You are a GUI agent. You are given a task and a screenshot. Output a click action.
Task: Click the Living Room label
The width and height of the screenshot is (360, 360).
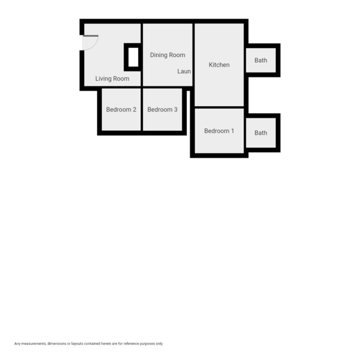(x=112, y=79)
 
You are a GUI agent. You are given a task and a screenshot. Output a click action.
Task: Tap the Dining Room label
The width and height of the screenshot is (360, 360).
(x=167, y=55)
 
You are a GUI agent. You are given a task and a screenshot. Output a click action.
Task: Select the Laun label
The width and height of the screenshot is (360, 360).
(x=184, y=71)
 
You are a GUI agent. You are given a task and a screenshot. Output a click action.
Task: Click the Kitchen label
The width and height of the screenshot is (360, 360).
(x=219, y=65)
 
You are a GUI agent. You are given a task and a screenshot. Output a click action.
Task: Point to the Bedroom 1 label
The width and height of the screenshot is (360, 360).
(x=219, y=131)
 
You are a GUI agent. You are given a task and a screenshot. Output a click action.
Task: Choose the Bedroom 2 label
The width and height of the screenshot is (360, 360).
(x=121, y=110)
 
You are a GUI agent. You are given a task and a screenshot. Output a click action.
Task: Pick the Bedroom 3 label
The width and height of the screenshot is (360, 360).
(x=163, y=110)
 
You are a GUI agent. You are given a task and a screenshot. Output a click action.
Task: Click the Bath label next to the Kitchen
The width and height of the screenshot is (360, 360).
(x=261, y=60)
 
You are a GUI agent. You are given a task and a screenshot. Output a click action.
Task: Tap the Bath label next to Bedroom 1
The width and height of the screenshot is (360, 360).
(x=261, y=133)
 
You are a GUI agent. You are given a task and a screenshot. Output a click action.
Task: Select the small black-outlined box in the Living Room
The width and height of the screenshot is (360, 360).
(x=133, y=58)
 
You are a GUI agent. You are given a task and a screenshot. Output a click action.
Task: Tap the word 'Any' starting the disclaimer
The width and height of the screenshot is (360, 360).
(x=17, y=344)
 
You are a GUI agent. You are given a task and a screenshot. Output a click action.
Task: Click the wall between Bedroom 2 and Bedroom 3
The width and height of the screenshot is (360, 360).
(x=142, y=109)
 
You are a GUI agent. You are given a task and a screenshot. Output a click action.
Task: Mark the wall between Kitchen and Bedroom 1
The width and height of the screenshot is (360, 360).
(x=219, y=107)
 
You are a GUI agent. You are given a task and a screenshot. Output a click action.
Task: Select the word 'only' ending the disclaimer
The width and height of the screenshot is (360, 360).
(x=159, y=344)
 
